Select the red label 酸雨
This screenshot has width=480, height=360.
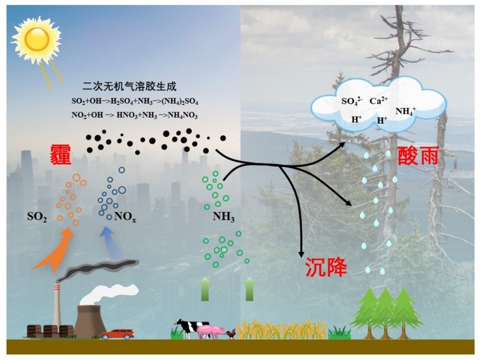(417, 158)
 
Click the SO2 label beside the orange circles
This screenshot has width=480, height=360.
(37, 216)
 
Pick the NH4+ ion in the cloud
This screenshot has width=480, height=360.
(405, 111)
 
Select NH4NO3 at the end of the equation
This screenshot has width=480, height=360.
(182, 115)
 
